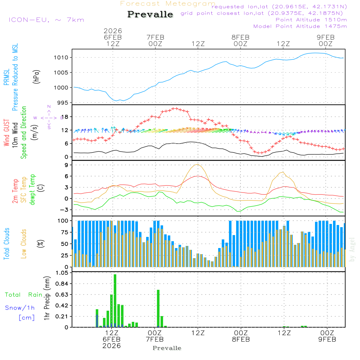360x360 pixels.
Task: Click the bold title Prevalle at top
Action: click(150, 14)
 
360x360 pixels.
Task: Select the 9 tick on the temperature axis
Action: click(66, 165)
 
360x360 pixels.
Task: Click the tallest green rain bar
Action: click(115, 301)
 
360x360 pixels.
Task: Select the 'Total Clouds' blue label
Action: click(6, 244)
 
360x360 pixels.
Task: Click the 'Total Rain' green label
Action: click(23, 295)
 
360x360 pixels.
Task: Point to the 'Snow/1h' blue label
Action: click(20, 308)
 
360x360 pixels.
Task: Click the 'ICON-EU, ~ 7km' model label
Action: click(46, 20)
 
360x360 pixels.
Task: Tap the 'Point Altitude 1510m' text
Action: click(311, 20)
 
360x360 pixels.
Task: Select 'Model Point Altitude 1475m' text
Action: click(300, 26)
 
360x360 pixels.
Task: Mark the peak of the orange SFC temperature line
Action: click(198, 164)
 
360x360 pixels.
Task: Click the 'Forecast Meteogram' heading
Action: click(168, 4)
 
